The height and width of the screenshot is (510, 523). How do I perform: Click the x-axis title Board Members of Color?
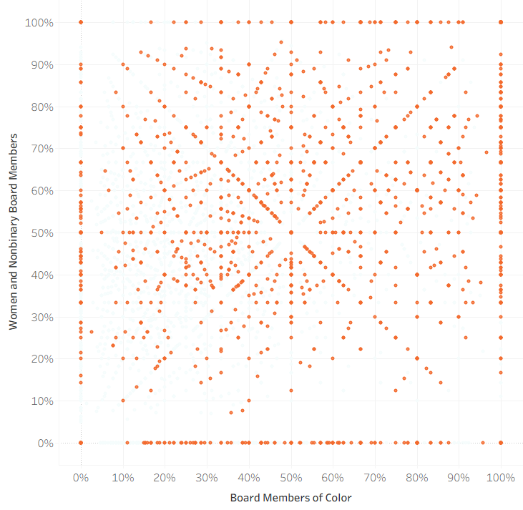point(291,497)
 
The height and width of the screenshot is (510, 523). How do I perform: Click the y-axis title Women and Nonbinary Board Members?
point(13,232)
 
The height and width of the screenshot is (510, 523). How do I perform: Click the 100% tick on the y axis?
point(39,22)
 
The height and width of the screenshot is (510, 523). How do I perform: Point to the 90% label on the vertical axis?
point(42,64)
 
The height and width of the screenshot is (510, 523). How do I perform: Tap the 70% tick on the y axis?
point(42,149)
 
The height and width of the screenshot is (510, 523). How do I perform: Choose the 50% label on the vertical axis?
point(42,232)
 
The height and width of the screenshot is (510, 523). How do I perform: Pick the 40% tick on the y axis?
point(42,275)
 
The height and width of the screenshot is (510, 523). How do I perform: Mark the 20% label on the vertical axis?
point(42,359)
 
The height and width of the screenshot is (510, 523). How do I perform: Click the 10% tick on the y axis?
point(42,401)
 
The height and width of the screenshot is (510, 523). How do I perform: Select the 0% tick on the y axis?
point(45,443)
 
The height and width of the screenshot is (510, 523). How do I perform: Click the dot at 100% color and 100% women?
point(501,22)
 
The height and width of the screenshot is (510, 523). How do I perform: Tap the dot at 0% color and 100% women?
point(81,22)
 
